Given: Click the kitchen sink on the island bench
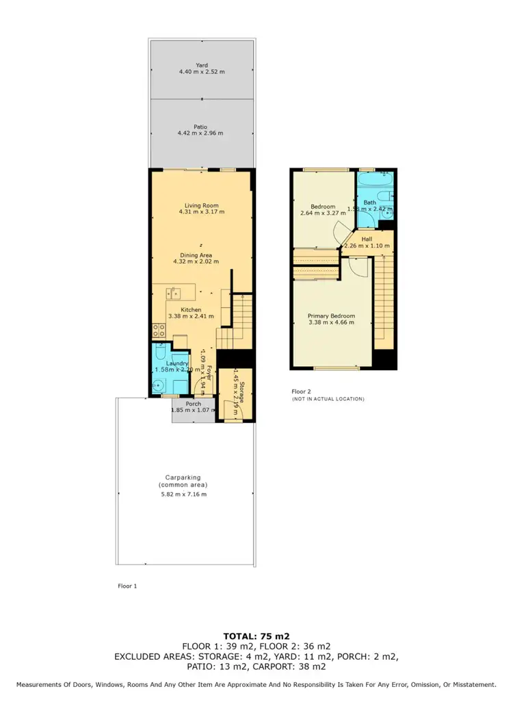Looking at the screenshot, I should pyautogui.click(x=174, y=294).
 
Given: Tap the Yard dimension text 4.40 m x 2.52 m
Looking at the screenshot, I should pyautogui.click(x=201, y=71).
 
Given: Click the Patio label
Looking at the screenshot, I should pyautogui.click(x=200, y=127).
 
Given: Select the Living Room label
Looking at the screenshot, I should pyautogui.click(x=201, y=205).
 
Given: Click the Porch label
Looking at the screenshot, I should pyautogui.click(x=194, y=404).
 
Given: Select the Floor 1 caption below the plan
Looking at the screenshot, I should pyautogui.click(x=128, y=586).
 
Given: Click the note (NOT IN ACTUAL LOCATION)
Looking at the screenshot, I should pyautogui.click(x=328, y=399).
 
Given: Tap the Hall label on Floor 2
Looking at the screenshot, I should pyautogui.click(x=367, y=239).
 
